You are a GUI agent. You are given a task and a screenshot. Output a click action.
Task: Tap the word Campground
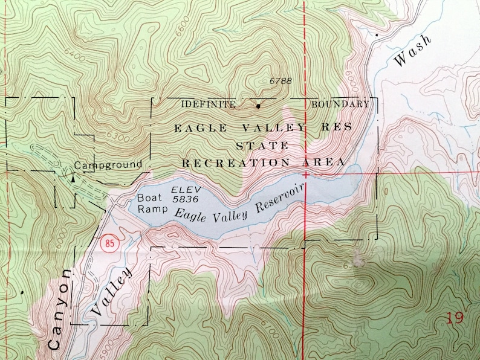click(x=108, y=164)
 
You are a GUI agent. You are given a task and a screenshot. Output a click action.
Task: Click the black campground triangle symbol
click(x=73, y=178)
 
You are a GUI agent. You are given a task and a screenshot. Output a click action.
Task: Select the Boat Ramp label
click(x=150, y=203)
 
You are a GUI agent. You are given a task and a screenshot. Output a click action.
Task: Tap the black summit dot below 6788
click(x=259, y=107)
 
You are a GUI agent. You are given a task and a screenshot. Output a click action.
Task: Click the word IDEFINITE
click(x=208, y=104)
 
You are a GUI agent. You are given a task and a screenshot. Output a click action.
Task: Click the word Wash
click(x=412, y=51)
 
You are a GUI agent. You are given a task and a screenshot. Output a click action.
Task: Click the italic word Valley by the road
click(x=111, y=292)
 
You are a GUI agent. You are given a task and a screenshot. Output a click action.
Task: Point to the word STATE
click(x=262, y=146)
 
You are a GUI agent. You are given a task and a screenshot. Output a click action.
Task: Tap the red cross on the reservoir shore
click(x=306, y=175)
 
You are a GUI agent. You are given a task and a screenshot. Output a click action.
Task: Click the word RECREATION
click(x=233, y=163)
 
